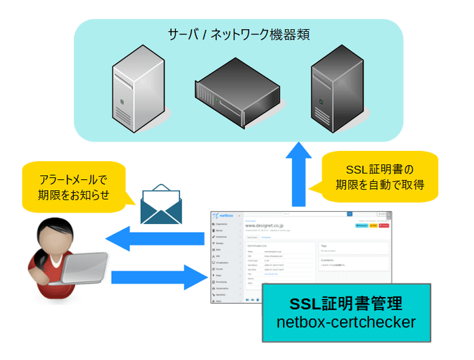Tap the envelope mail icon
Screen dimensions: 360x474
[161, 206]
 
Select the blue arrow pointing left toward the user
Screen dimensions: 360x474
[155, 239]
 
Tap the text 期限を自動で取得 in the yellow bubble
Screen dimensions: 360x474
[380, 185]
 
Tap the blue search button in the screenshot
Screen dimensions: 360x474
[349, 214]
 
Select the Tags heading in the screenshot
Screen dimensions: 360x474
[324, 246]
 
